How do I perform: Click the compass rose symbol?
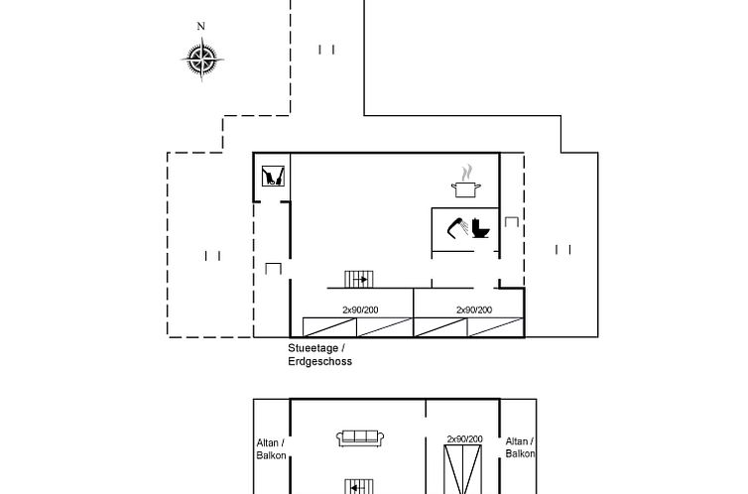pos(202,60)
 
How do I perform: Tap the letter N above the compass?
pos(200,26)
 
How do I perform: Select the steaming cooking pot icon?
pos(466,182)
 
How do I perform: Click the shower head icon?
pos(458,227)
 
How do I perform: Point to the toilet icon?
pos(481,228)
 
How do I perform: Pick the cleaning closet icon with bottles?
pos(274,176)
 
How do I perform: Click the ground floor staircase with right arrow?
pos(359,279)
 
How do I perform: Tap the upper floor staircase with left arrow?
pos(359,487)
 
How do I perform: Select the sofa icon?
pos(360,438)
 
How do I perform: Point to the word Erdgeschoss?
pos(320,361)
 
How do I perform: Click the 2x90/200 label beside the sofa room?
pos(464,438)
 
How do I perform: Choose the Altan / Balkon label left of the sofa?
pos(272,449)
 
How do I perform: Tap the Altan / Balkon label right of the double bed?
pos(520,447)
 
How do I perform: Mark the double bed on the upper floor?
pos(463,469)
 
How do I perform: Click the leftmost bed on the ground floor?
pos(329,327)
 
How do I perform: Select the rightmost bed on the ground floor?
pos(495,327)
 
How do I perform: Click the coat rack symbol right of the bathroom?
pos(512,222)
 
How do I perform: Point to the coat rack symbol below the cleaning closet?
pos(274,269)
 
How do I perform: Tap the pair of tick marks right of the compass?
pos(326,50)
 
